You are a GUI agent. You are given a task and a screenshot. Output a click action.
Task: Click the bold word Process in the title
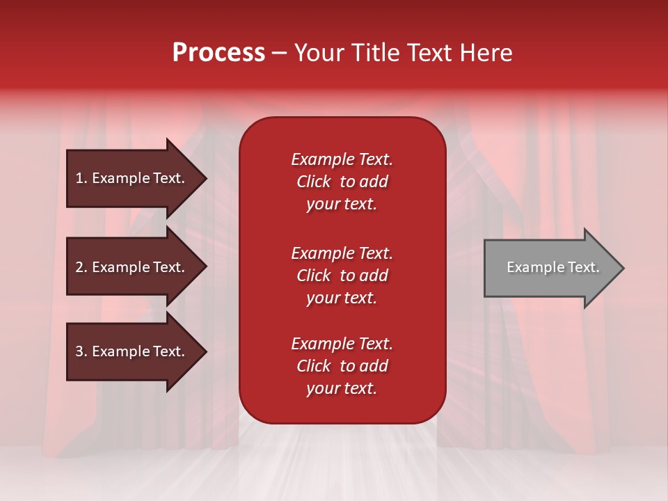coord(218,53)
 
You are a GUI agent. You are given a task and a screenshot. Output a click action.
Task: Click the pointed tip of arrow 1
coord(205,179)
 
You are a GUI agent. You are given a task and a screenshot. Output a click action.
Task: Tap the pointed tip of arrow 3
coord(205,352)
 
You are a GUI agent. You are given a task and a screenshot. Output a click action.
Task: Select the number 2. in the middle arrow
coord(81,267)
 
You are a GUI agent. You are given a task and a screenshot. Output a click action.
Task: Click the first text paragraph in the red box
coord(342,182)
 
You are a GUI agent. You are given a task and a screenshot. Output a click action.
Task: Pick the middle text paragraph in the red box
coord(342,276)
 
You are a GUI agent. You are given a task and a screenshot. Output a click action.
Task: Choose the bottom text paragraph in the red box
coord(342,366)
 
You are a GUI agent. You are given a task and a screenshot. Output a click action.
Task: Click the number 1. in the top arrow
coord(81,178)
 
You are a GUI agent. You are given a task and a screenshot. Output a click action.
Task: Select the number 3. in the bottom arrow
coord(81,351)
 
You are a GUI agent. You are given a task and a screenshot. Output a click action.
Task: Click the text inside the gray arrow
coord(552,267)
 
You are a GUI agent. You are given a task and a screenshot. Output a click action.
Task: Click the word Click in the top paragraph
coord(313,182)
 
